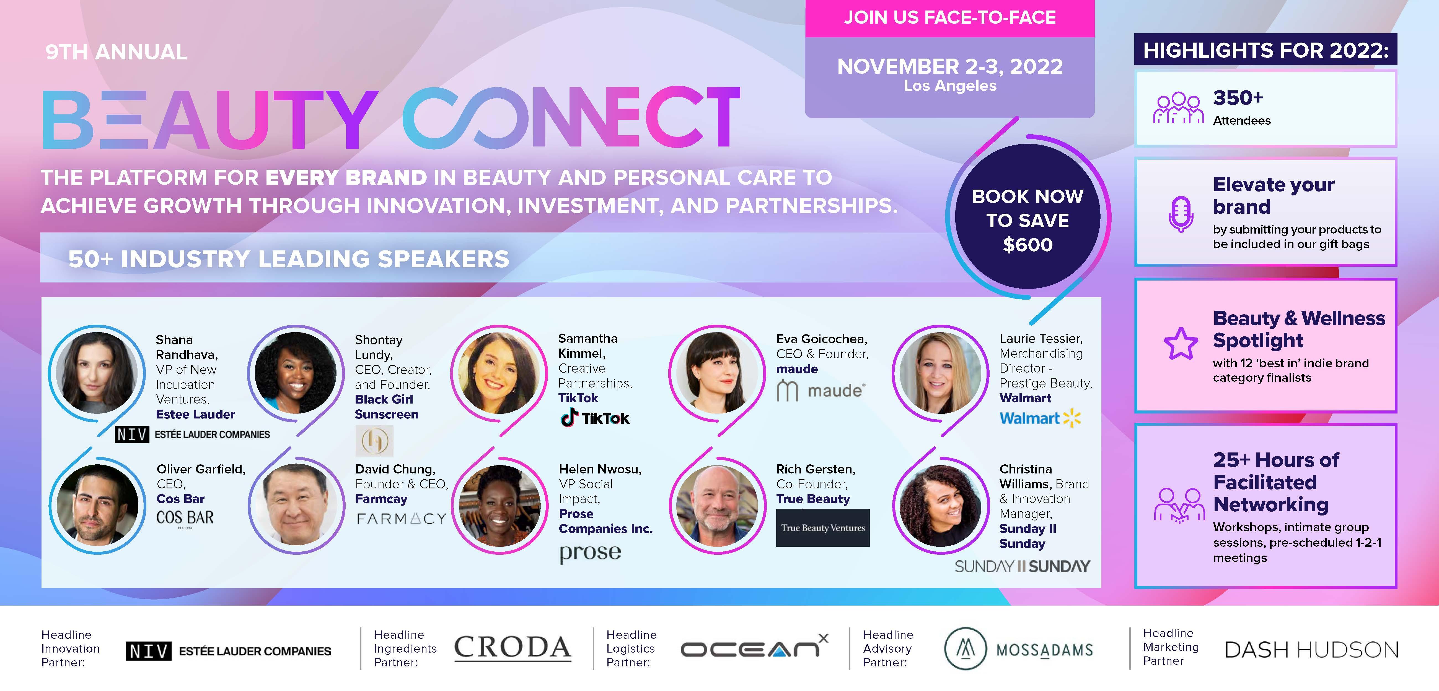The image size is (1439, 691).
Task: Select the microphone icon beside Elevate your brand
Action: [x=1181, y=214]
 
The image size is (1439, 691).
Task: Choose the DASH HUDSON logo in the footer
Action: [x=1311, y=650]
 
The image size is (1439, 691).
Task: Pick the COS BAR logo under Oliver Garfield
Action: [x=185, y=518]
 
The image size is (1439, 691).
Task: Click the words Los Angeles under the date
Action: [x=950, y=85]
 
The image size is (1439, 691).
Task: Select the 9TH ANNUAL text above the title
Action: [x=116, y=52]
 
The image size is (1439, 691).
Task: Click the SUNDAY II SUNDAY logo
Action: [x=1022, y=567]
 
